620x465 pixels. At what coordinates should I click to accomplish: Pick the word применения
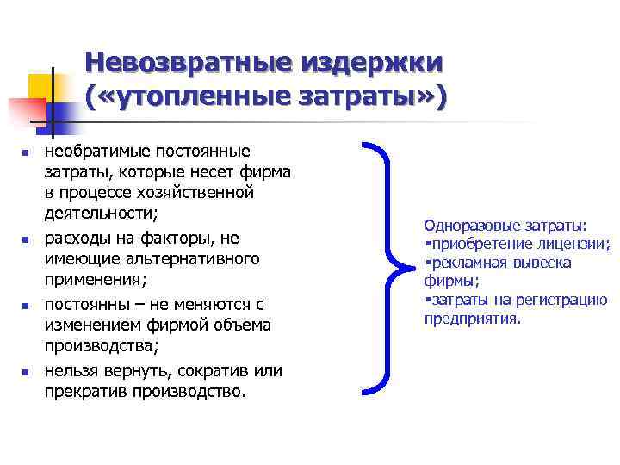click(x=94, y=280)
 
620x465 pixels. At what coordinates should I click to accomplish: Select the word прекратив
click(x=84, y=391)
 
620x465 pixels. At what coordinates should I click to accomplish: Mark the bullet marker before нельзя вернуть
click(x=26, y=372)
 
